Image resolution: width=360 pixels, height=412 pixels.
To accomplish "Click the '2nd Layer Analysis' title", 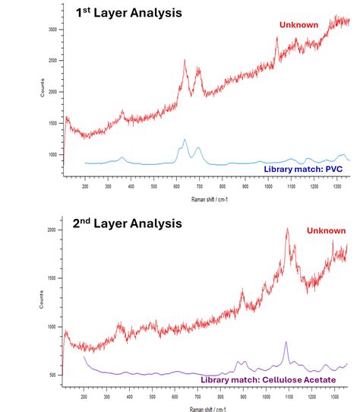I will point(128,223).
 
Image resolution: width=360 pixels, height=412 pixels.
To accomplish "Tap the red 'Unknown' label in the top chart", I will point(299,25).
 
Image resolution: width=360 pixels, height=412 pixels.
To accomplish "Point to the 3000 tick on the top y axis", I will point(51,30).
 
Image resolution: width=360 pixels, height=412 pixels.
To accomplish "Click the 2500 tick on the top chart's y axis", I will point(51,61).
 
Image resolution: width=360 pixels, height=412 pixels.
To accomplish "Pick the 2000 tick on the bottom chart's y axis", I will point(51,230).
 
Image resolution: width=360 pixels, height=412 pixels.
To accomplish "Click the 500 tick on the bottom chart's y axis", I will point(51,376).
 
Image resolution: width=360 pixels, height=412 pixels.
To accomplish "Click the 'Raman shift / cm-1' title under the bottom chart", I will point(207,408).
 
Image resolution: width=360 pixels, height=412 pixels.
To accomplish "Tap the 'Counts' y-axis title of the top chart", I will point(32,92).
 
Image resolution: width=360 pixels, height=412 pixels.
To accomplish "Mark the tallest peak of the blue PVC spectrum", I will point(185,140).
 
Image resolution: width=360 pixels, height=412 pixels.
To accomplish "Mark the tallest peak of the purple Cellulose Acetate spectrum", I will point(286,343).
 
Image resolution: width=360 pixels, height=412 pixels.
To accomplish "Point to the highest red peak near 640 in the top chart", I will point(185,61).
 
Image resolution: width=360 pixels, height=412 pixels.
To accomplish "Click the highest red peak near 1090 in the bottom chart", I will point(287,229).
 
